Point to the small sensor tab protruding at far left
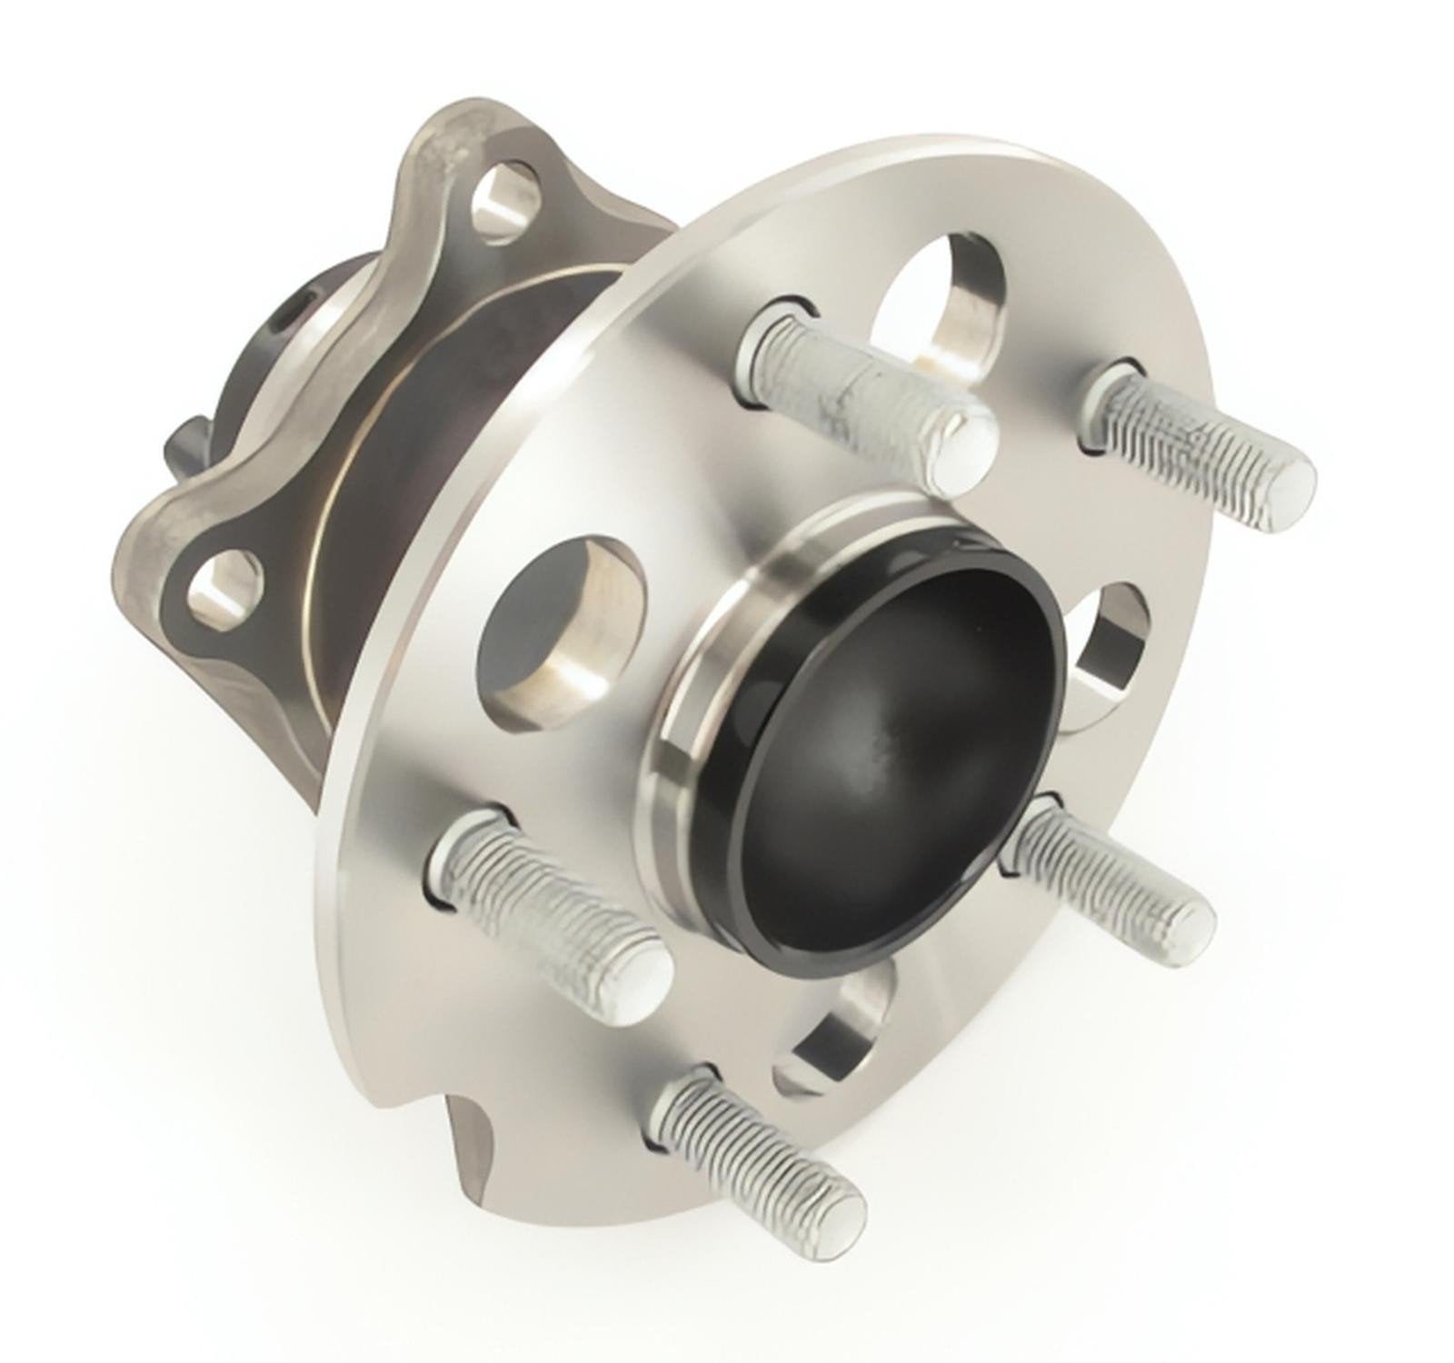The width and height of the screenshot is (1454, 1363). coord(186,441)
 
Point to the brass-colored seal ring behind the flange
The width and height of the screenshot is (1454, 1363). coord(345,509)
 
